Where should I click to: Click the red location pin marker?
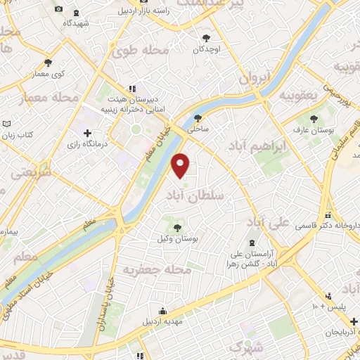pos(181,165)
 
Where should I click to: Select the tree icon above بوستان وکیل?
pos(177,226)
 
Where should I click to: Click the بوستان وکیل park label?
pos(179,240)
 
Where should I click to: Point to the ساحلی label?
pos(197,129)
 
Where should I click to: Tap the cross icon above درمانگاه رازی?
pos(87,132)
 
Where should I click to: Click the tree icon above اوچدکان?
pos(206,37)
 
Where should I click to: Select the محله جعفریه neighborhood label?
pos(157,269)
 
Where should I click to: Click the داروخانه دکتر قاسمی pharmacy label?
pos(330,226)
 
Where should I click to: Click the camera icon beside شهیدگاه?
pos(57,8)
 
